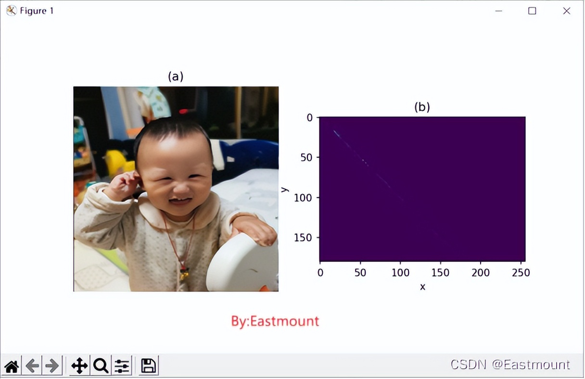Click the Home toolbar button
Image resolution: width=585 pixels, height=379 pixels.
click(12, 366)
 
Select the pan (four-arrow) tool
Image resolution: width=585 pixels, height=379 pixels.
click(79, 366)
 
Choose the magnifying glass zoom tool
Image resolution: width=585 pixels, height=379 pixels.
click(101, 366)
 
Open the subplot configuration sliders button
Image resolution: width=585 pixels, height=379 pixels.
click(122, 366)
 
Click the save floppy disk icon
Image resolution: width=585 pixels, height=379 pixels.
click(148, 366)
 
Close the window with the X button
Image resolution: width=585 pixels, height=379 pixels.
click(566, 11)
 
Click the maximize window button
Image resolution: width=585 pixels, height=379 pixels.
click(532, 11)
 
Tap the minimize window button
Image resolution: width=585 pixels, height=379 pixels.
click(499, 11)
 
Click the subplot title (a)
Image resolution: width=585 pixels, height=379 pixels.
click(176, 76)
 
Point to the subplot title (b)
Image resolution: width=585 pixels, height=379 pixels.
click(422, 107)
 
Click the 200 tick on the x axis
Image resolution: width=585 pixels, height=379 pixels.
click(481, 273)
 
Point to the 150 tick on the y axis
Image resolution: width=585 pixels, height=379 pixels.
click(304, 238)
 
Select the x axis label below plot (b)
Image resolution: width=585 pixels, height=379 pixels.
click(422, 287)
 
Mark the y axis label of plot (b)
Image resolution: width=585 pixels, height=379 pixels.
click(285, 189)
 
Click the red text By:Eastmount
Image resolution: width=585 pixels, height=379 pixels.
click(275, 321)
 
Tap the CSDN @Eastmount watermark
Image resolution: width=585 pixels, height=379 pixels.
click(510, 365)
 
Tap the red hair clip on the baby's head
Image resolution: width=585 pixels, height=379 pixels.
click(183, 112)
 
